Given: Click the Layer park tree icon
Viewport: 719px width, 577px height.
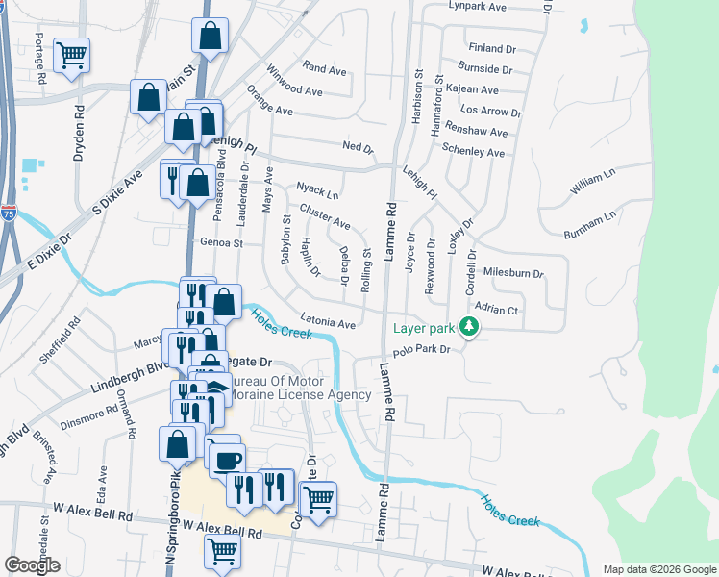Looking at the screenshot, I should coord(469,328).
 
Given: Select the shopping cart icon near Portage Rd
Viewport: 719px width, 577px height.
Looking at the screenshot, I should coord(71,56).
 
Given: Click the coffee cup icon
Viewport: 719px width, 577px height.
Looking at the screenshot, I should coord(227,461).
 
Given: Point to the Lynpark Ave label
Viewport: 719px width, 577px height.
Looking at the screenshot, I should coord(477,7).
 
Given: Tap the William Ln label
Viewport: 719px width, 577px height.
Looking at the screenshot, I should coord(592,184).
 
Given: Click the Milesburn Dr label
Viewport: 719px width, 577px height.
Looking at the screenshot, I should coord(512,273).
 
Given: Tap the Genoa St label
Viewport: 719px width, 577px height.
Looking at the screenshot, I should coord(221,243).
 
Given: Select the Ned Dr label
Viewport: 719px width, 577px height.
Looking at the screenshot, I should coord(357,147).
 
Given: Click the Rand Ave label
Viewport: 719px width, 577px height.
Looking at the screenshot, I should coord(324,69).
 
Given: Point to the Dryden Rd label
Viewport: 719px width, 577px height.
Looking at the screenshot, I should coord(81,138).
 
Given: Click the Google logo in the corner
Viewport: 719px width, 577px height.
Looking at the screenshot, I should coord(32,565).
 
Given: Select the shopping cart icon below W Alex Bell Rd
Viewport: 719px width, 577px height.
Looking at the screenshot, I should coord(222,551).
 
